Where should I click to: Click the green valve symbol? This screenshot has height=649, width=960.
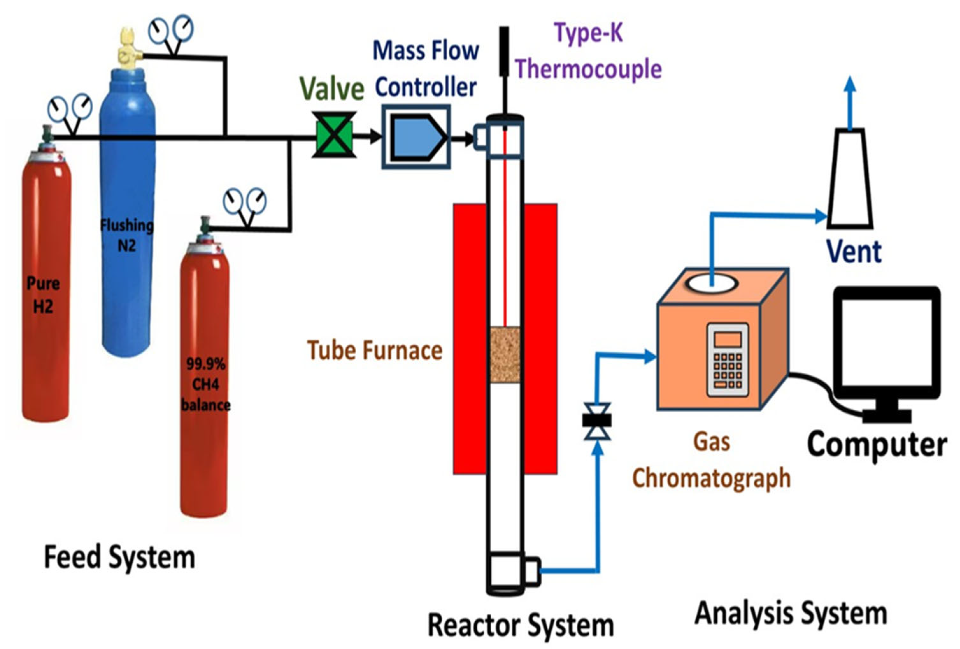click(x=334, y=135)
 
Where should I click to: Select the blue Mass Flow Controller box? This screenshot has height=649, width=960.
click(x=416, y=136)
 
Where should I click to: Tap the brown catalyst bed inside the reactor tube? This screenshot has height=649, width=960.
click(x=505, y=355)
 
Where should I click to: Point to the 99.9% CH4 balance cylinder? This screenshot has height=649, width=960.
click(x=204, y=385)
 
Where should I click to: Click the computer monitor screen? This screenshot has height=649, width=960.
click(x=886, y=343)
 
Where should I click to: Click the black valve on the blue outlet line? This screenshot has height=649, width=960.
click(x=597, y=421)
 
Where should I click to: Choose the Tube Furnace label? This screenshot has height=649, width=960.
click(x=374, y=350)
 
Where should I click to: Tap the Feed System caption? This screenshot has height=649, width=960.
click(x=119, y=557)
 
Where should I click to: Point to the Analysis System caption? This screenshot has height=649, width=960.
click(x=791, y=613)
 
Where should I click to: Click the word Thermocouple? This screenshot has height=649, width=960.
click(x=588, y=69)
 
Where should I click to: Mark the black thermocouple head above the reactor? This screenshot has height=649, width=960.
click(x=504, y=52)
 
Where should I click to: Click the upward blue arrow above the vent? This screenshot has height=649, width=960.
click(x=850, y=103)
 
